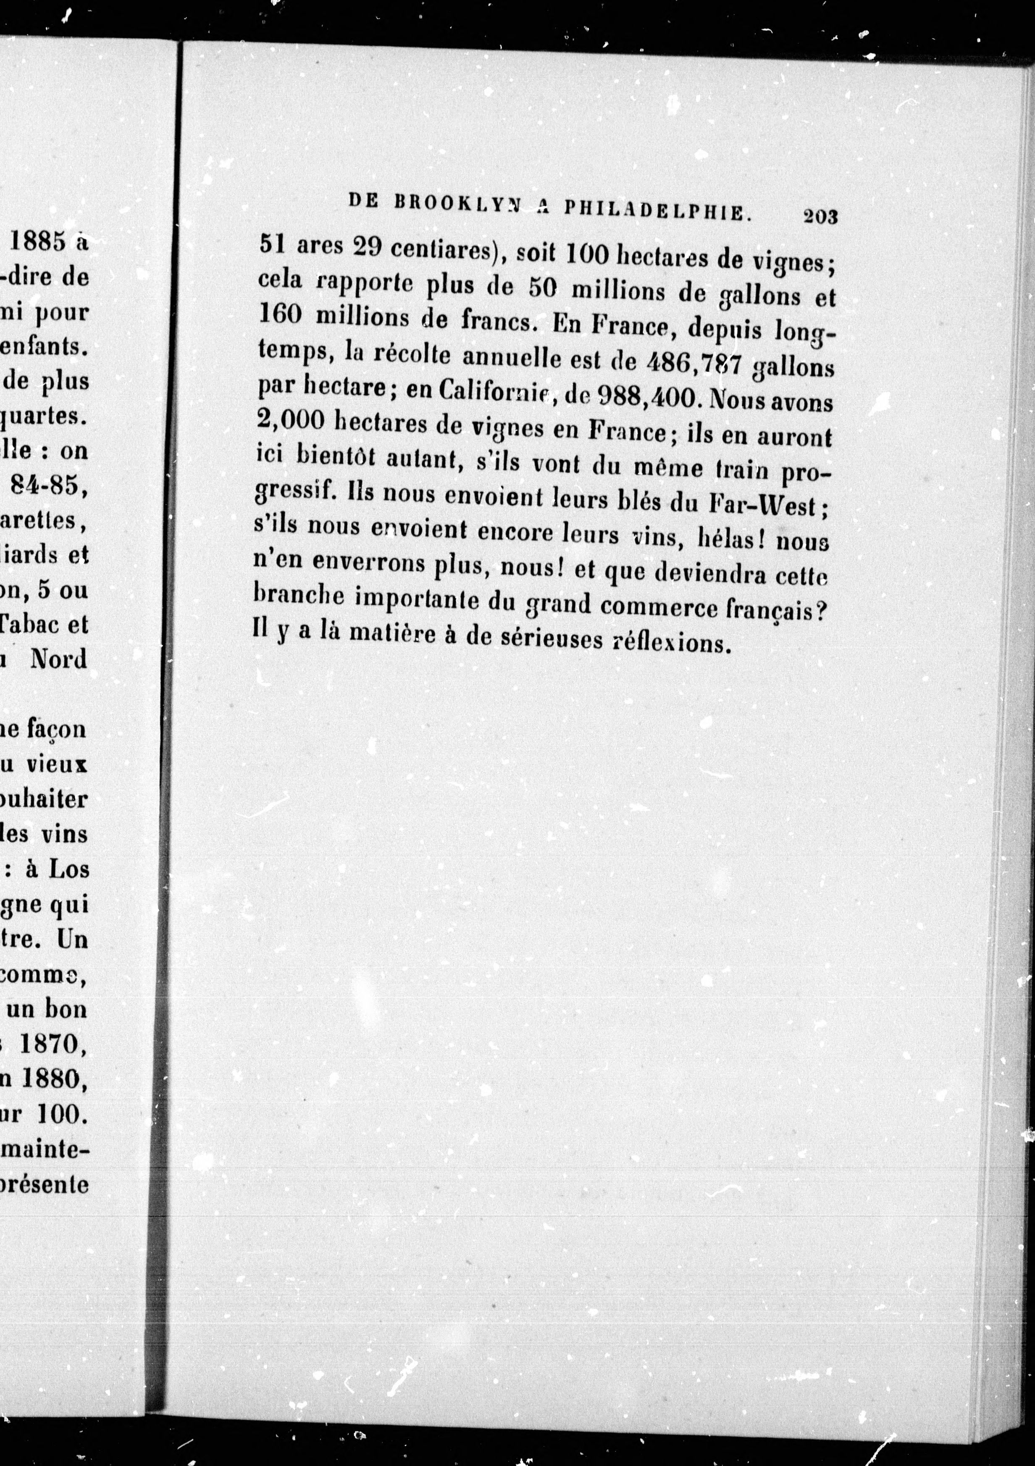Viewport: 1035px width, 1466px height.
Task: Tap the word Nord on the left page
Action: tap(59, 658)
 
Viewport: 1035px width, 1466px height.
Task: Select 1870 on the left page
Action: tap(51, 1044)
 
